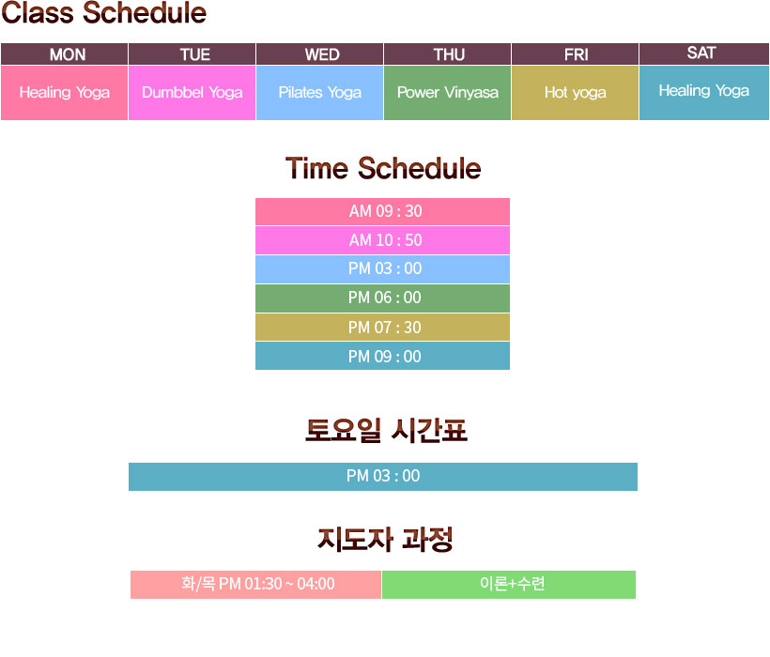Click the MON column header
[65, 54]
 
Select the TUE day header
[192, 54]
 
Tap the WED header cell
[319, 54]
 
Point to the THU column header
[447, 54]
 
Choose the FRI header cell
[575, 54]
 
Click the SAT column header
[704, 53]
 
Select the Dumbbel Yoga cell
[192, 93]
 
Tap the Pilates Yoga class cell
[319, 93]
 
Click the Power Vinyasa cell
[447, 93]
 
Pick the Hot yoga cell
[575, 93]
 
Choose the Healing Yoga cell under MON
[65, 93]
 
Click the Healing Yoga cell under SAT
[704, 93]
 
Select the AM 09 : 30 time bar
[382, 211]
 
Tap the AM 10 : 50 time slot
[382, 240]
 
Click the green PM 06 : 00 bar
[382, 298]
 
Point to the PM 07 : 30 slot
[382, 328]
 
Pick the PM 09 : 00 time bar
[382, 356]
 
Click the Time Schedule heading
[383, 169]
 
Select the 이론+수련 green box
[509, 585]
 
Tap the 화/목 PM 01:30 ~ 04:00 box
[255, 585]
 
